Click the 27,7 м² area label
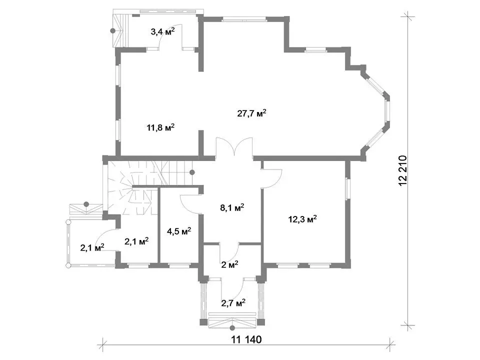click(x=251, y=113)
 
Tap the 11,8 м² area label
click(x=160, y=127)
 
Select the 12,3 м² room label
click(x=302, y=219)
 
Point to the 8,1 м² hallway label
click(x=232, y=208)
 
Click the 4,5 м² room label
click(x=179, y=231)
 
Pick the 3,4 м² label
click(x=163, y=31)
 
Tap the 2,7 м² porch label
click(x=233, y=303)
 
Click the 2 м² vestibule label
click(x=229, y=264)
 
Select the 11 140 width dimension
click(x=246, y=339)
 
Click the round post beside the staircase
click(x=192, y=172)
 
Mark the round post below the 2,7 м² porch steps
click(x=232, y=328)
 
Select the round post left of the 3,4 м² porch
click(x=113, y=30)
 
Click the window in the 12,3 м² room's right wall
click(x=347, y=189)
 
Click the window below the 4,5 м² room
click(x=179, y=265)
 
